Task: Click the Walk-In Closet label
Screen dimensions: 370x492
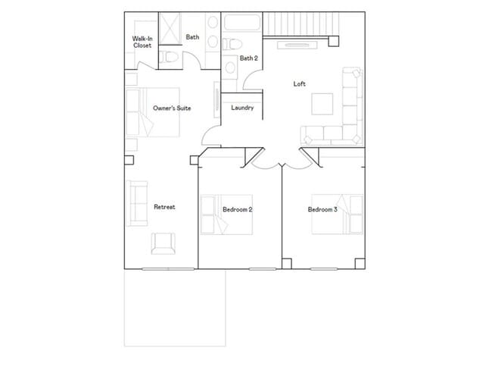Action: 142,42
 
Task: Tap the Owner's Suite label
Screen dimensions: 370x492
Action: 172,108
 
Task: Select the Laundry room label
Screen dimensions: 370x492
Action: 242,108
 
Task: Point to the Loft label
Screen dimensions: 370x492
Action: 300,83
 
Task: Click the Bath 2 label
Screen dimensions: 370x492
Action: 249,58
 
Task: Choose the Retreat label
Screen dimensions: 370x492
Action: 165,207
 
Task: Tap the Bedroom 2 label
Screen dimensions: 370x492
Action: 238,209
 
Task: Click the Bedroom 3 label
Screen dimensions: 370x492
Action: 322,209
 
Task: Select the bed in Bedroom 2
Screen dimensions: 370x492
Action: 215,215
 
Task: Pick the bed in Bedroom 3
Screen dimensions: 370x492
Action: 349,214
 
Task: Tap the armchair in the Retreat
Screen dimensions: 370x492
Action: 163,243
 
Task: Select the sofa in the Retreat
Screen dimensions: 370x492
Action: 137,202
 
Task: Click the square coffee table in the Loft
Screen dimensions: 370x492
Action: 322,103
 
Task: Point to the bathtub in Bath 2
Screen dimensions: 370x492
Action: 241,22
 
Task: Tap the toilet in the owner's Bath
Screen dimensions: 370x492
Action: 171,58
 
